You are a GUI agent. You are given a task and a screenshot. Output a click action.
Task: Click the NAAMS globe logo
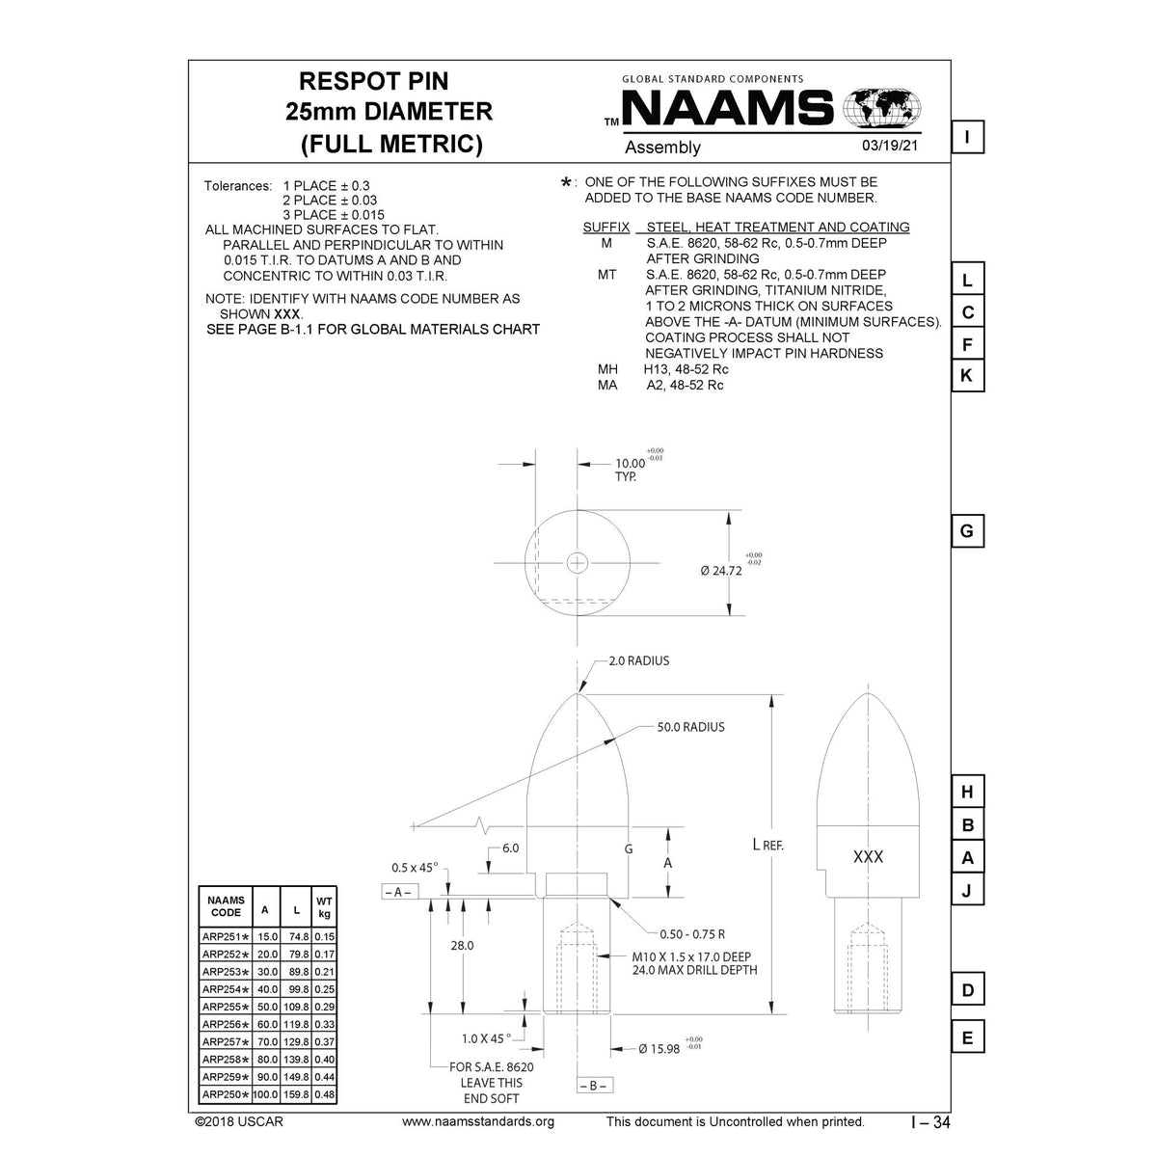[881, 107]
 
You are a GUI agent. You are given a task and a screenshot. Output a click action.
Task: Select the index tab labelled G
[967, 531]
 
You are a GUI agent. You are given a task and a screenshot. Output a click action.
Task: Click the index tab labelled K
[967, 376]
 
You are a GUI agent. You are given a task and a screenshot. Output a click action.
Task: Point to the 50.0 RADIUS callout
[690, 727]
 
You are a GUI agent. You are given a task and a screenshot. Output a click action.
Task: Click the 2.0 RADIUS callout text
[638, 661]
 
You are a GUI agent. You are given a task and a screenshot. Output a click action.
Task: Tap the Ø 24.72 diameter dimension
[721, 570]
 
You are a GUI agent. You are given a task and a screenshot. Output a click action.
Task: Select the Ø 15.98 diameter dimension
[659, 1048]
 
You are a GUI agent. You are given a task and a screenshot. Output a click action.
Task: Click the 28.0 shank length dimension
[463, 946]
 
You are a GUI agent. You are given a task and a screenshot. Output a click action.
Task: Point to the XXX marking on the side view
[868, 857]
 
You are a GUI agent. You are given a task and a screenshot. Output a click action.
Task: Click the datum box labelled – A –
[397, 892]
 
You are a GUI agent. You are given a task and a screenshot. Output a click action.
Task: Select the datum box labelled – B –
[594, 1086]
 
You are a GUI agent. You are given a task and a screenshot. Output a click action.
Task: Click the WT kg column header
[325, 907]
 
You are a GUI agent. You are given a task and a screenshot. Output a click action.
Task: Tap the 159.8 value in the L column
[297, 1094]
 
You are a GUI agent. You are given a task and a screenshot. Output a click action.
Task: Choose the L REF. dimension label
[767, 846]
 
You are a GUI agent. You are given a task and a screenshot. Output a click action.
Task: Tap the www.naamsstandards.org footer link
[477, 1121]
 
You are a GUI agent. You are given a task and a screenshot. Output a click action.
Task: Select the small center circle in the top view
[577, 561]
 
